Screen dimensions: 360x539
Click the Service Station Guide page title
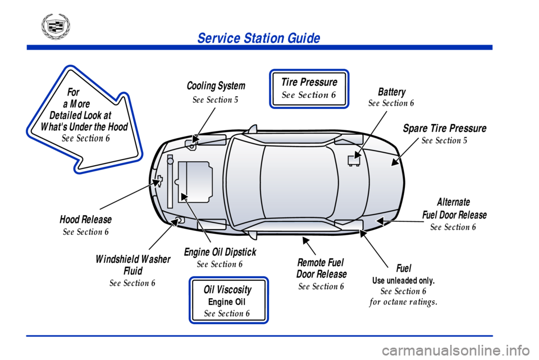(x=258, y=38)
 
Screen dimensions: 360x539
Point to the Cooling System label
(x=216, y=86)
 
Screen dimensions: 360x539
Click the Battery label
(x=391, y=92)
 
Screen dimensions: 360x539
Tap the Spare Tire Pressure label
(x=444, y=128)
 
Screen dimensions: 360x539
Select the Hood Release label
(x=85, y=219)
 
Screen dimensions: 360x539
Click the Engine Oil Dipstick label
(x=220, y=252)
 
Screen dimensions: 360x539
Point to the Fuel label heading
(x=403, y=268)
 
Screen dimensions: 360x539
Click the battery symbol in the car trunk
(x=354, y=160)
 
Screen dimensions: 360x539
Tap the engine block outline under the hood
(x=195, y=181)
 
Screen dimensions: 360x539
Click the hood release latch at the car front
(x=159, y=181)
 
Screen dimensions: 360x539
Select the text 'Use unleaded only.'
(x=403, y=280)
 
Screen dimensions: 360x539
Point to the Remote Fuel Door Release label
(x=321, y=268)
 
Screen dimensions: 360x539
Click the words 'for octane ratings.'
(x=403, y=302)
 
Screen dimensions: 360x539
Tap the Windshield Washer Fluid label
(x=133, y=265)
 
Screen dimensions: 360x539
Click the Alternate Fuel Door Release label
(x=454, y=208)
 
